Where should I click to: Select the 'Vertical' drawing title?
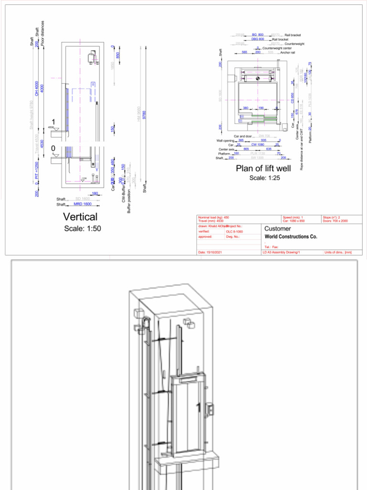point(80,217)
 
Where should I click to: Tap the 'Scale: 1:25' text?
point(264,178)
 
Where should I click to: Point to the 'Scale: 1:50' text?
point(83,229)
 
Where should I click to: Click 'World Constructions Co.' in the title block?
point(291,236)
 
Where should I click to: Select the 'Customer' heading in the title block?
point(278,229)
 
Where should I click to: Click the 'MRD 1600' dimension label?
point(83,204)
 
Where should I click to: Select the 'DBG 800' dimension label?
point(258,39)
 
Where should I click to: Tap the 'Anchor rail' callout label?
point(287,53)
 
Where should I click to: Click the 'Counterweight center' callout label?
point(277,48)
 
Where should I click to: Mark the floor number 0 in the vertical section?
point(54,148)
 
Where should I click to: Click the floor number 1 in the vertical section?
point(54,122)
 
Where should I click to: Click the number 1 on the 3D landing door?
point(199,407)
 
